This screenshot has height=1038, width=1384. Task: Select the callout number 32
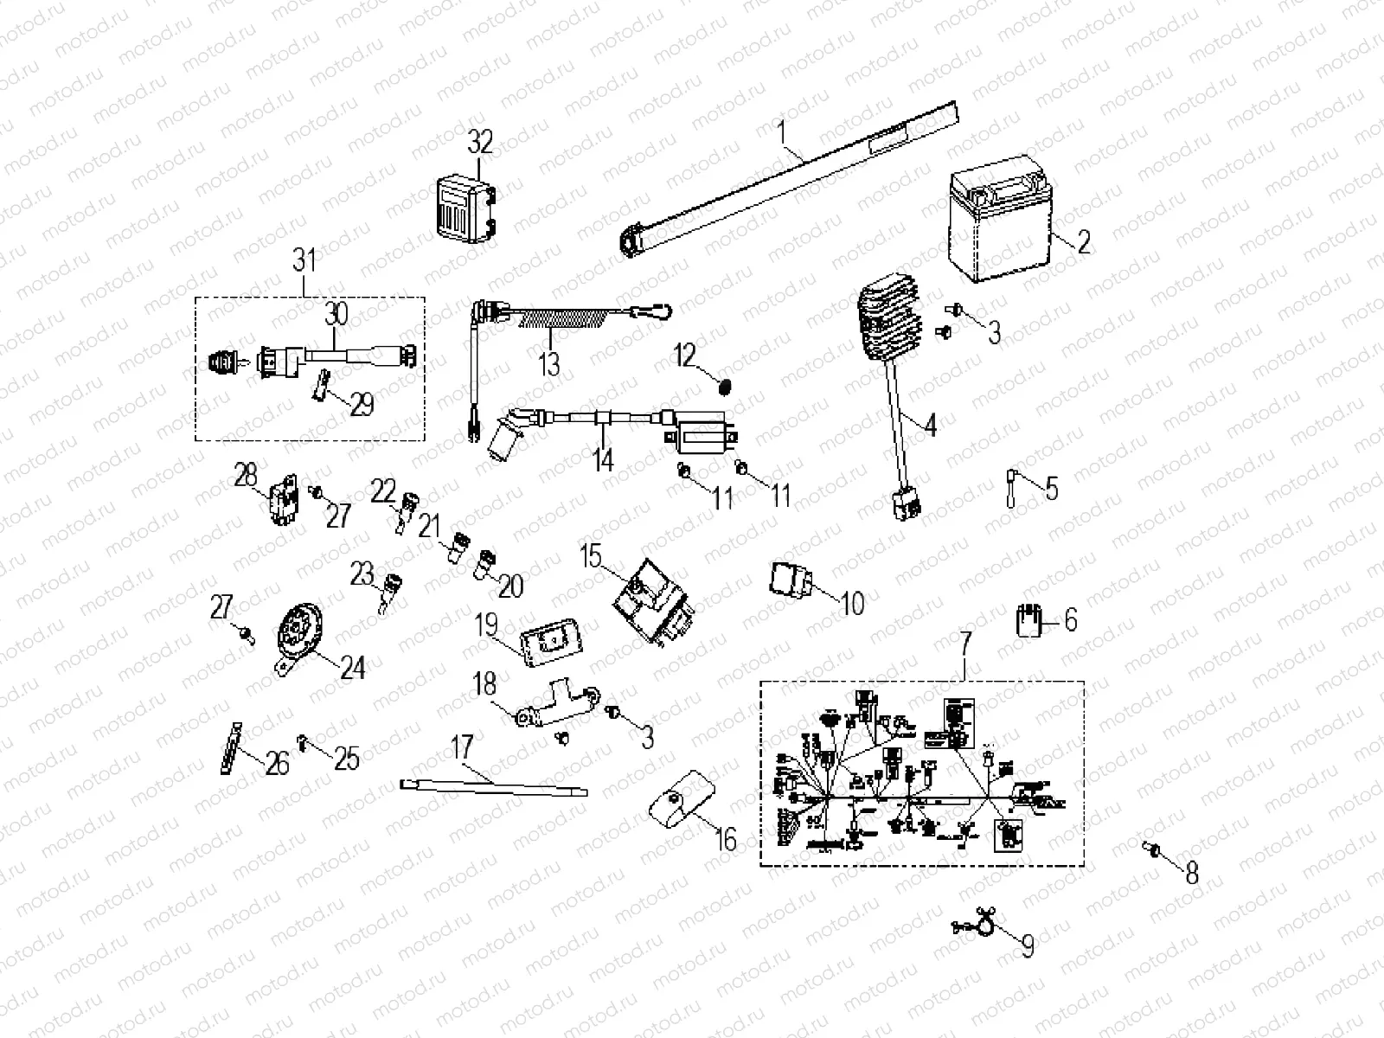pyautogui.click(x=480, y=142)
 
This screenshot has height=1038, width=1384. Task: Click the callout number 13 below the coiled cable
pyautogui.click(x=549, y=363)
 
